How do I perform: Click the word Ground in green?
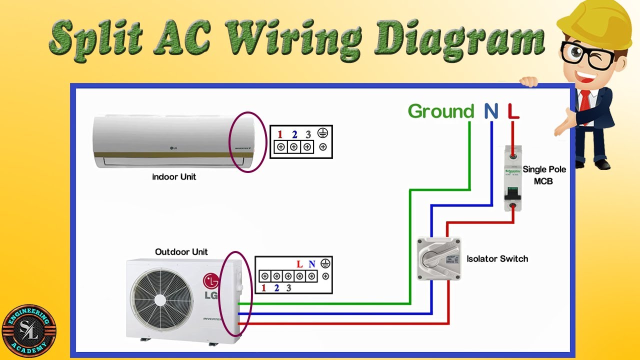click(x=440, y=111)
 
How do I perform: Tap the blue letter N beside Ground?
click(x=491, y=111)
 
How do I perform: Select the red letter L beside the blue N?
click(x=513, y=111)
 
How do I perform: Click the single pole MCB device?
click(x=513, y=177)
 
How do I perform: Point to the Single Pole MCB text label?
click(x=544, y=175)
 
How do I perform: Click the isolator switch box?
click(x=438, y=258)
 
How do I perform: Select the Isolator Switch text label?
click(x=497, y=258)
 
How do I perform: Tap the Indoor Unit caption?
click(x=174, y=177)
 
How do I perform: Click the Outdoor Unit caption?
click(x=181, y=252)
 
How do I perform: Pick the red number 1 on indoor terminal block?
click(x=280, y=134)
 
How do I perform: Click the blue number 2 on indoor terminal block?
click(x=294, y=134)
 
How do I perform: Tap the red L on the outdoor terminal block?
click(x=299, y=264)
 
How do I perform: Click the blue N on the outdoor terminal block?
click(x=312, y=264)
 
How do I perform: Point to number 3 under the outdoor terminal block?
click(x=288, y=288)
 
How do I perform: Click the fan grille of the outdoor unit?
click(x=160, y=299)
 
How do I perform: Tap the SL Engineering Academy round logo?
click(x=29, y=331)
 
